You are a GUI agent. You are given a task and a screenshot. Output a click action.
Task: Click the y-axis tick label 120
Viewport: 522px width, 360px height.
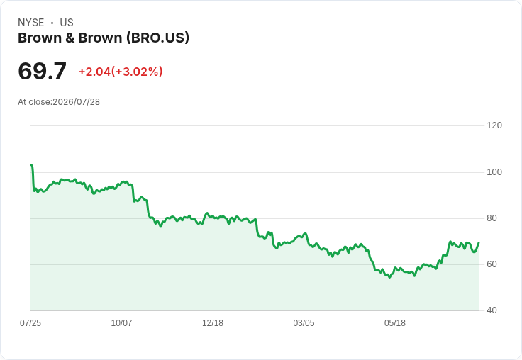(494, 125)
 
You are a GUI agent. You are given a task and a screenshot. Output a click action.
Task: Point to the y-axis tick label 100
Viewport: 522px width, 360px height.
(494, 172)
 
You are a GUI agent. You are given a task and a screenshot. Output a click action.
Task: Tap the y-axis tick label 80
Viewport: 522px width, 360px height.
(492, 218)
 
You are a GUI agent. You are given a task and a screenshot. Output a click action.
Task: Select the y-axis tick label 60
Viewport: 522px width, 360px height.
(492, 264)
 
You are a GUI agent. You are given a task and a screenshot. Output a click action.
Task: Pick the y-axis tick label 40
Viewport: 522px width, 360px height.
(492, 310)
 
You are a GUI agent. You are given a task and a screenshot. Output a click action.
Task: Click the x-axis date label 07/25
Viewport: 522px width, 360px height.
(30, 322)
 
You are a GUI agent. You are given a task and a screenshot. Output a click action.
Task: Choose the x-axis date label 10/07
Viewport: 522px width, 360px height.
(121, 322)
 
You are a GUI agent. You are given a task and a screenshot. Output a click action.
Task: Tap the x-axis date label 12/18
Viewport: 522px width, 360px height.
(213, 322)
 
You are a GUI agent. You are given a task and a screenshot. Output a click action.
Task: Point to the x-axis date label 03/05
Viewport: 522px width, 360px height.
(304, 322)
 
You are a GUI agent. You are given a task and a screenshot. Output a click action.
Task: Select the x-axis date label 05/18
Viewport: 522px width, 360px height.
(395, 322)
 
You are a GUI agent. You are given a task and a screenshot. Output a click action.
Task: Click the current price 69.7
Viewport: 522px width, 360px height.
(43, 71)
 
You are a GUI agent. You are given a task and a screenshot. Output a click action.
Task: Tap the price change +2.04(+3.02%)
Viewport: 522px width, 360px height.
(121, 72)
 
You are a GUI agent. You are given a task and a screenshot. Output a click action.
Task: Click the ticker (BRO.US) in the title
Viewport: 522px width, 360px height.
(157, 38)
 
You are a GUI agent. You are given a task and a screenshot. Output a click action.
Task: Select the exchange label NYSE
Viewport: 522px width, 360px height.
(31, 23)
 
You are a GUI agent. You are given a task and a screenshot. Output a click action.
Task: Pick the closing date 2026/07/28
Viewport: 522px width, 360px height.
(76, 102)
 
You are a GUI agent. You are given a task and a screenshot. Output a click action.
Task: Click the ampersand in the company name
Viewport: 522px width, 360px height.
(70, 38)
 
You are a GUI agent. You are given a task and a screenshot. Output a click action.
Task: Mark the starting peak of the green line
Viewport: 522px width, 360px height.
(31, 164)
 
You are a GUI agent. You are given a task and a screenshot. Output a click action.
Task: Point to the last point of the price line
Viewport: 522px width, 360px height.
(479, 243)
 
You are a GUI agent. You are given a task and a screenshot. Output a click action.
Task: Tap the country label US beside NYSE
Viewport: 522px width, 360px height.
(67, 23)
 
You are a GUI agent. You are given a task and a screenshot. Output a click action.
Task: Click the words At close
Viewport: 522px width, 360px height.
(34, 102)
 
